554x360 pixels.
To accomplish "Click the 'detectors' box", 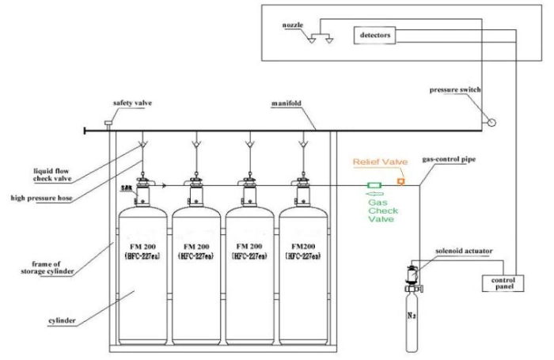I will (375, 36).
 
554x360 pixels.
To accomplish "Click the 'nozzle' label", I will (293, 25).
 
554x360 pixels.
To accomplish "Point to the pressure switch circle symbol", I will (491, 122).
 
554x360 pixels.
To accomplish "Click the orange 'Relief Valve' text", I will (380, 161).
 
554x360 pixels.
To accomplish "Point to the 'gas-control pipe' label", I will (450, 160).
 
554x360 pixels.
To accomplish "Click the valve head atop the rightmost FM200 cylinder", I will (302, 190).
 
